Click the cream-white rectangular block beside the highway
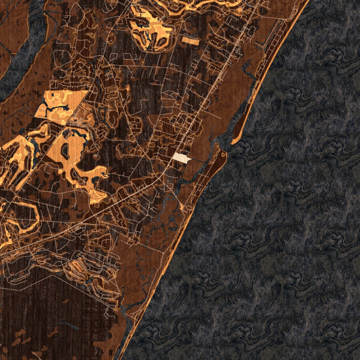(x=182, y=158)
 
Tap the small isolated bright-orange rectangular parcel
(x=190, y=40)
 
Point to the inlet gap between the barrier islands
(x=226, y=146)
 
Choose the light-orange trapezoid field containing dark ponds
(x=57, y=108)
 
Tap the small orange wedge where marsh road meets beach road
(x=181, y=208)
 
